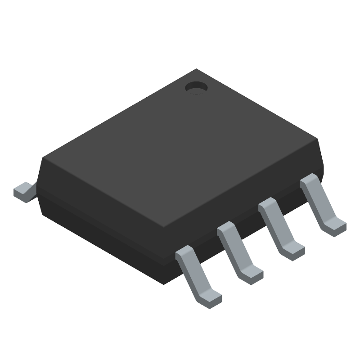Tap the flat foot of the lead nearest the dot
coord(335,225)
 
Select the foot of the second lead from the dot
coord(294,249)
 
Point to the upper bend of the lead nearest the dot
coord(309,181)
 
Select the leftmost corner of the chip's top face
coord(42,157)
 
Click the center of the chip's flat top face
coord(180,148)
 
